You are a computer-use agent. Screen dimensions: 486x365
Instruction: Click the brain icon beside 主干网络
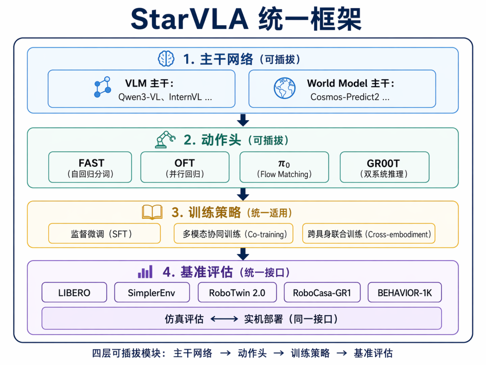[x=166, y=58]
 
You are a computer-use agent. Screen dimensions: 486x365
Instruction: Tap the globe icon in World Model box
[x=284, y=88]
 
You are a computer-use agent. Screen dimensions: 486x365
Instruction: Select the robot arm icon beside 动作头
[x=165, y=140]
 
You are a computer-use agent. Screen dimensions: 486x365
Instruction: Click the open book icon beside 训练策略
[x=152, y=212]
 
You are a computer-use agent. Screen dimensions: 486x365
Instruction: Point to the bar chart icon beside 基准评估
[x=145, y=272]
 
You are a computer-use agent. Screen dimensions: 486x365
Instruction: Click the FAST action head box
[x=90, y=167]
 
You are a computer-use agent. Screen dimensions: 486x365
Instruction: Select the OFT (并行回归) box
[x=185, y=167]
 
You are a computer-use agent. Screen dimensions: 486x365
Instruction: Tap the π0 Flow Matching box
[x=284, y=167]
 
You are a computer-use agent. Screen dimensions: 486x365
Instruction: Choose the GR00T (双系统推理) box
[x=385, y=167]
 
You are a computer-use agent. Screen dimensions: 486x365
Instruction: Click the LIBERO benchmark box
[x=74, y=292]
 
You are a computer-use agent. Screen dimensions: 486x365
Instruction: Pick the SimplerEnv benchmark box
[x=152, y=292]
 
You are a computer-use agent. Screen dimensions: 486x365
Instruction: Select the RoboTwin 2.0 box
[x=237, y=292]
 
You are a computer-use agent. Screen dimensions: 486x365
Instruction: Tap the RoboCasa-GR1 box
[x=322, y=292]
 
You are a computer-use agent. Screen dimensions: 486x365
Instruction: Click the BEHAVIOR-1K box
[x=405, y=292]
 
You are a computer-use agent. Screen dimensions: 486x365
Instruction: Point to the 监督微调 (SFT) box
[x=104, y=233]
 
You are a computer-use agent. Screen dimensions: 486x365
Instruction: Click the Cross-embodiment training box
[x=369, y=233]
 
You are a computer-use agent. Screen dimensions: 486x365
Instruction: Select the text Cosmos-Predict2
[x=345, y=97]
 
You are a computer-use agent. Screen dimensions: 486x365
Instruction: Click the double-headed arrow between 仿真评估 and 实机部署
[x=224, y=319]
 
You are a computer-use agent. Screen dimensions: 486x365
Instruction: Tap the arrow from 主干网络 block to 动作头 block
[x=243, y=120]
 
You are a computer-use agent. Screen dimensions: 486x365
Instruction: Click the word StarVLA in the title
[x=190, y=19]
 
